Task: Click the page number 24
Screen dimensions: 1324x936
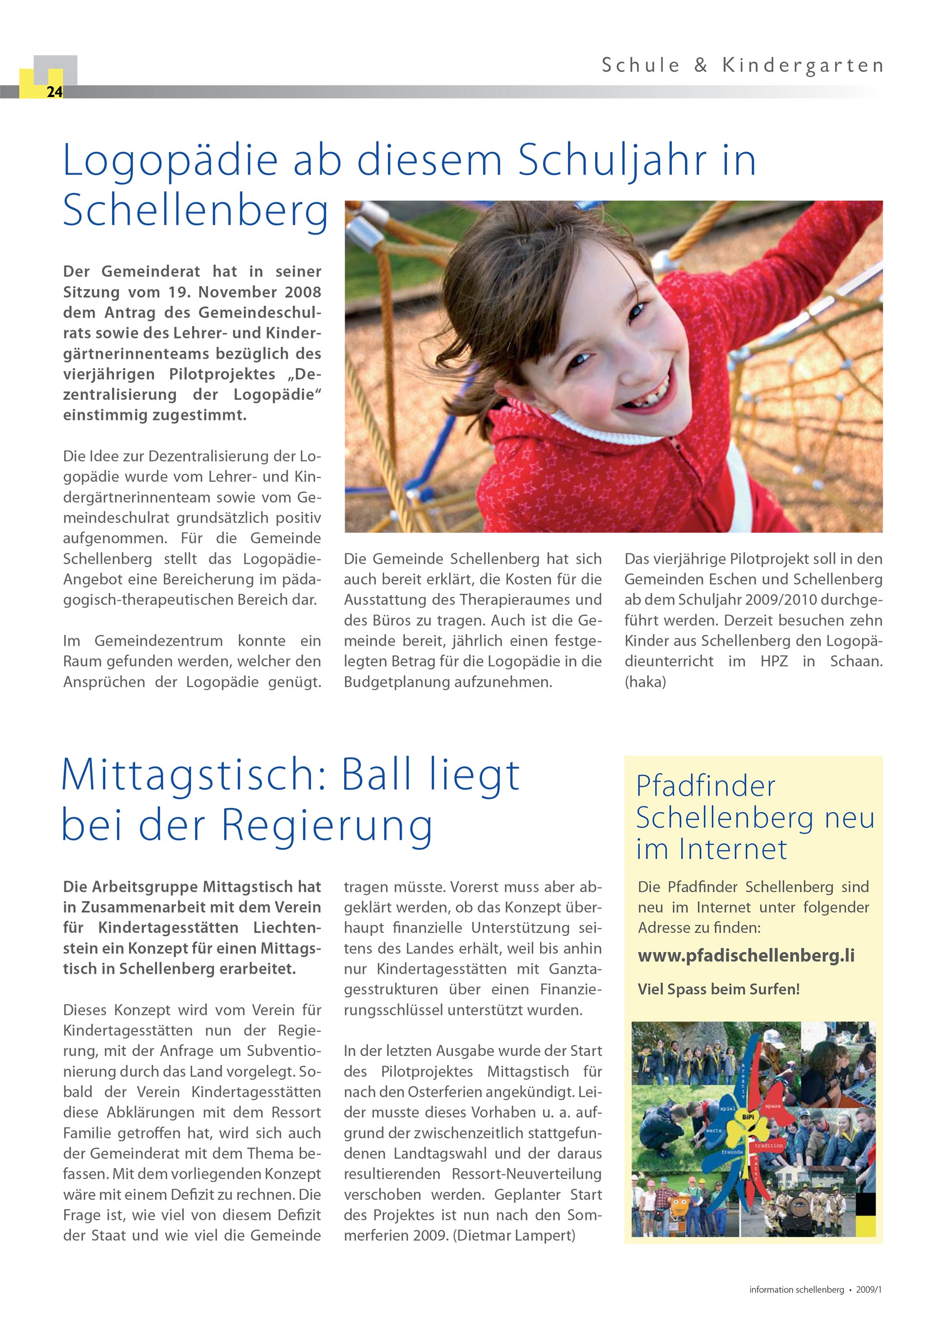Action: coord(54,92)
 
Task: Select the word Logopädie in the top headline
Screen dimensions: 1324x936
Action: coord(170,161)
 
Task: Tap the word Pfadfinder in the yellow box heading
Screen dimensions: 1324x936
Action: coord(705,787)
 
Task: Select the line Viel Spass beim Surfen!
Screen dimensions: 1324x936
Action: coord(718,989)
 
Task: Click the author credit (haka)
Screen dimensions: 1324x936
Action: coord(645,682)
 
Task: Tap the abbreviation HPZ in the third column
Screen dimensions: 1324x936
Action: coord(774,661)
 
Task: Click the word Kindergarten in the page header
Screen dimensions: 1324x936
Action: coord(802,66)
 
